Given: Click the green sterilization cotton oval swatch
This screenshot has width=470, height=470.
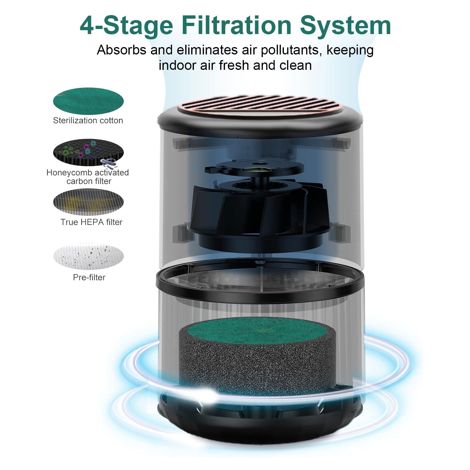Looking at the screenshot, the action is (88, 101).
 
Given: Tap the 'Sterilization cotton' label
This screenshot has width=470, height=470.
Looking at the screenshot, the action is (88, 120).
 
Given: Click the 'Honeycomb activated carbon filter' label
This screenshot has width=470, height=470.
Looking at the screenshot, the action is (88, 177).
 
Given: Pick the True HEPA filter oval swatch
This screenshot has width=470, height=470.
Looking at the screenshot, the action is (88, 202).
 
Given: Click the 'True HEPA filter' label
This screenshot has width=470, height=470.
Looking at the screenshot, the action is (91, 222).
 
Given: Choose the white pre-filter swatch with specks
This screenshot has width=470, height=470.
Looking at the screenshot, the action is (88, 256).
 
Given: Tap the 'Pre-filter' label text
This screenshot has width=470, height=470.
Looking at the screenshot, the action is (89, 277).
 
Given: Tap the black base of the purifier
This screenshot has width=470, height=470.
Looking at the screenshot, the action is (260, 420).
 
